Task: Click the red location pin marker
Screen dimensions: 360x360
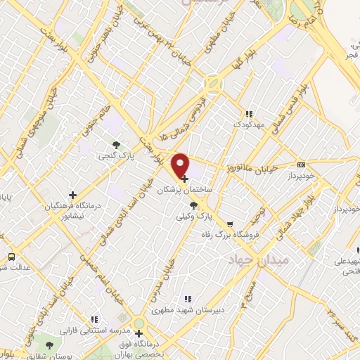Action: coord(181,165)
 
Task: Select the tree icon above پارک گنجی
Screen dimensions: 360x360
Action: coord(116,143)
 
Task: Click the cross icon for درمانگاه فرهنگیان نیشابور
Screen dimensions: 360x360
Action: coord(72,194)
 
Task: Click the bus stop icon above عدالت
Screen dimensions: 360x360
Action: coord(11,257)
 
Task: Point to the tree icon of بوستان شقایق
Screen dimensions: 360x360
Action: coord(49,345)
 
